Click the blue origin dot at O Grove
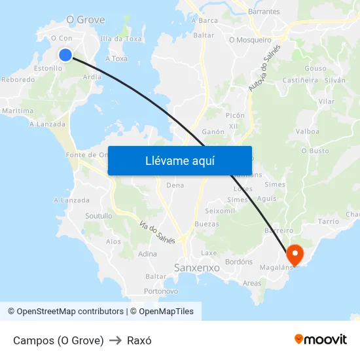[65, 55]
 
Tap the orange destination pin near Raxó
[295, 254]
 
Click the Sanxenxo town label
[197, 268]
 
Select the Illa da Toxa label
[120, 39]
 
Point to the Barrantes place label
[264, 12]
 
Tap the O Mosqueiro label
[250, 40]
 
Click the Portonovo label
[161, 291]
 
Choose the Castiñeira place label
[300, 80]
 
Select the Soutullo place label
[99, 215]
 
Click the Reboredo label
[18, 80]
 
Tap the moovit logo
[321, 339]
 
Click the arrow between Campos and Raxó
[115, 340]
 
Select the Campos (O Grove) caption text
[58, 340]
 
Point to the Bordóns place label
[238, 262]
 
